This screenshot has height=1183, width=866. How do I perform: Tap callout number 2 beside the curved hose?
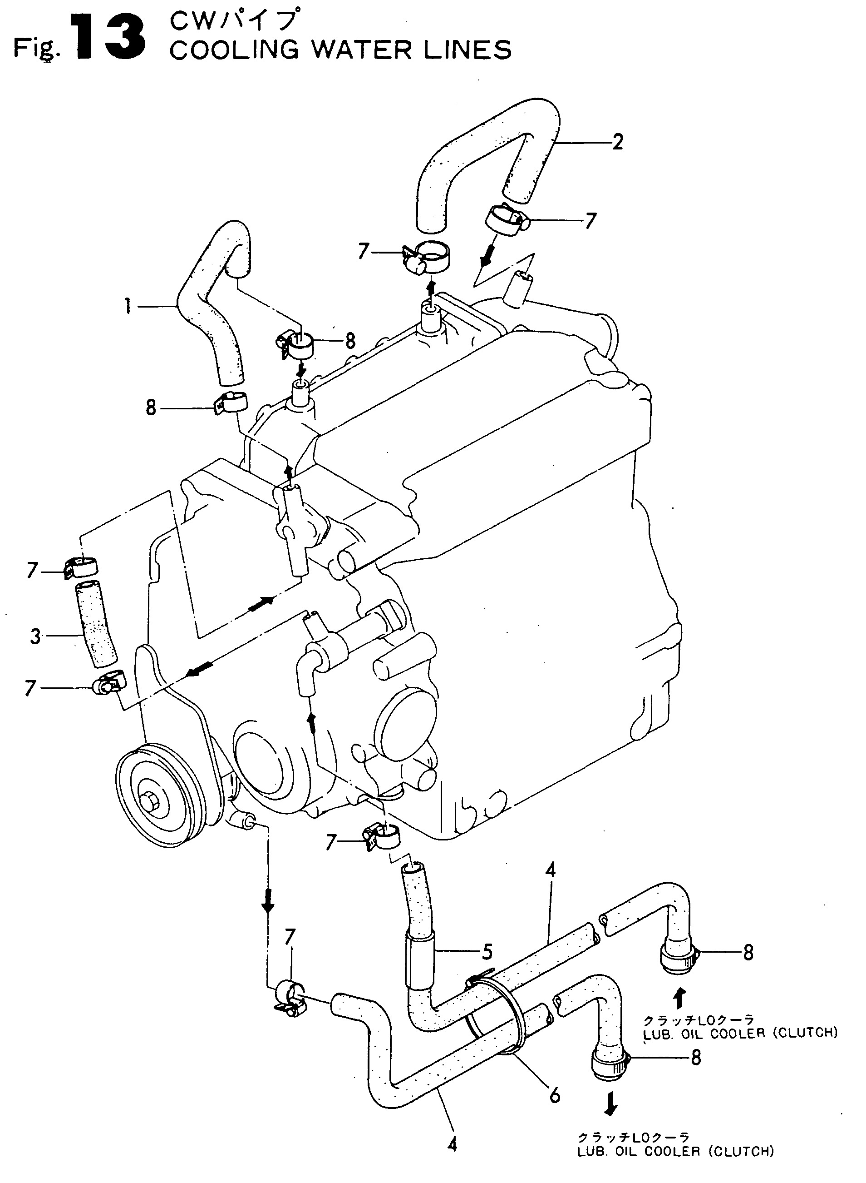click(618, 142)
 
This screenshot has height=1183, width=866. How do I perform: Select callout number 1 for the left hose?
click(128, 306)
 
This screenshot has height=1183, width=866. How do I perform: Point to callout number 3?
click(35, 636)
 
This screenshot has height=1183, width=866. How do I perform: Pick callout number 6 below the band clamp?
click(555, 1095)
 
